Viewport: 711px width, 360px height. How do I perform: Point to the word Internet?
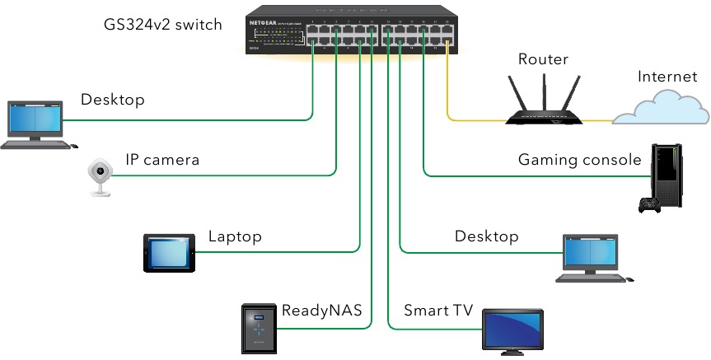667,77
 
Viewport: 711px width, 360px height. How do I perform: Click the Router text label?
544,59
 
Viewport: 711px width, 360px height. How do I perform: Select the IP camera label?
162,160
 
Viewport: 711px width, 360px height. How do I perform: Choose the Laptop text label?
235,237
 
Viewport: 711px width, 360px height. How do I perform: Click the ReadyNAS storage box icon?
259,327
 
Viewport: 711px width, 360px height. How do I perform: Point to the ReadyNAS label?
321,311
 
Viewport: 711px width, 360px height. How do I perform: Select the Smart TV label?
437,311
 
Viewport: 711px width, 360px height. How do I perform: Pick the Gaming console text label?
579,160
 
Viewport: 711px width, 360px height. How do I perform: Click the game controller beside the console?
649,204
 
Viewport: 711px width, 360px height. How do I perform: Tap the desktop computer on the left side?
35,124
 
